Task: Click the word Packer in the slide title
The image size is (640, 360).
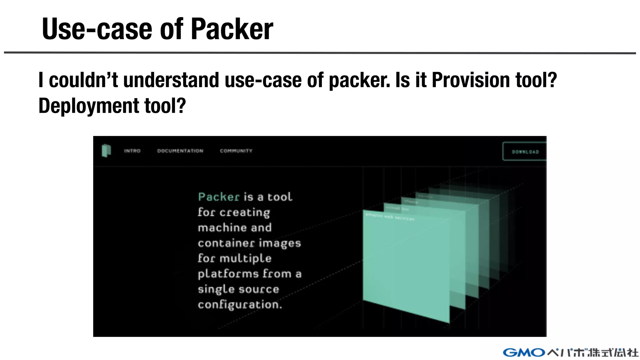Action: pos(232,29)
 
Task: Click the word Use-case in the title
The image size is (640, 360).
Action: pos(97,29)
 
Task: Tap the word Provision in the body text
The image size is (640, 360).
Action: pos(471,80)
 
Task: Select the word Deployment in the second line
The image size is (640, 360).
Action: pos(88,106)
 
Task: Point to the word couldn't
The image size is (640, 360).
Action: pos(83,80)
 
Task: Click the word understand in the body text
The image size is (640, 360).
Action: pos(172,80)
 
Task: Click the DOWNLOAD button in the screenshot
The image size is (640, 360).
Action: pos(525,152)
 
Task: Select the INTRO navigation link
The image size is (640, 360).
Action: pos(132,151)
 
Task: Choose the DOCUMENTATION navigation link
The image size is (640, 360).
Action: pos(180,151)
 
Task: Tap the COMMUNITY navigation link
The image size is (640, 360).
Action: pos(236,151)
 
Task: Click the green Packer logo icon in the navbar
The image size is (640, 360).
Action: pos(106,151)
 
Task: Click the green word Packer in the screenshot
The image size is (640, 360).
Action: pos(219,197)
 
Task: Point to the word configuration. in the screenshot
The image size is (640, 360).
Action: pos(240,304)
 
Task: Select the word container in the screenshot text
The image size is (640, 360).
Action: pos(226,243)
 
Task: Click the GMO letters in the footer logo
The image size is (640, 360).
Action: pos(524,352)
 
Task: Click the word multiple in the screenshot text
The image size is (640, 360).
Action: pos(245,258)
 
